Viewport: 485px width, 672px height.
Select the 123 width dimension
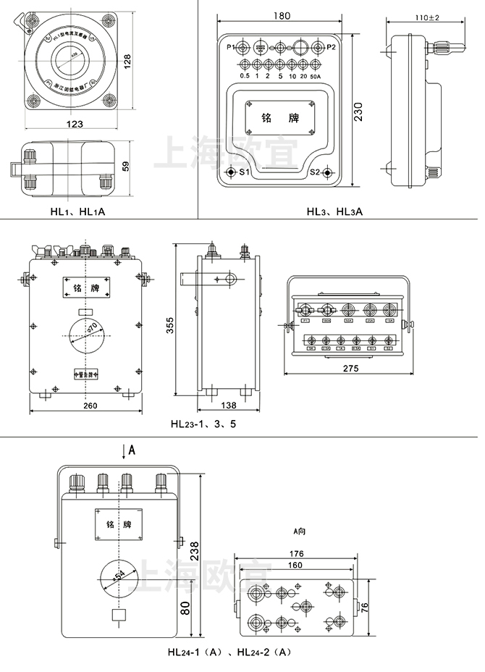pos(74,124)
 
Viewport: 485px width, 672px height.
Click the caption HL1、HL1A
pos(77,211)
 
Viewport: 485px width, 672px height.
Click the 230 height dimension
pos(359,111)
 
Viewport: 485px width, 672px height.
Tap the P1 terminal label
pos(231,48)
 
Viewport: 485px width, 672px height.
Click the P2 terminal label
pos(331,48)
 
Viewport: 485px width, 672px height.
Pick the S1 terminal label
pos(244,172)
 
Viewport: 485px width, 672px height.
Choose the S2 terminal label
pos(315,172)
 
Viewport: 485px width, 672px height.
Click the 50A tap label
pos(315,76)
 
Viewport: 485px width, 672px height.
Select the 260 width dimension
pos(90,406)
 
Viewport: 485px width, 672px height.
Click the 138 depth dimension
pos(228,406)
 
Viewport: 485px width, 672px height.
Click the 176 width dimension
pos(296,555)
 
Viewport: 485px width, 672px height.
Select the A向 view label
pos(299,531)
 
